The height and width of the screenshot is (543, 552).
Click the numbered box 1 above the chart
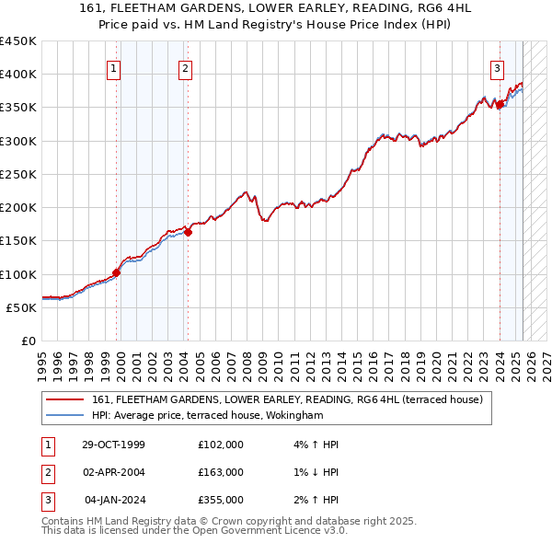(x=113, y=67)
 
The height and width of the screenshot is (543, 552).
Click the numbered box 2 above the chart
(x=185, y=67)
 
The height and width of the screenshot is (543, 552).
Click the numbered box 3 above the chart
(x=497, y=67)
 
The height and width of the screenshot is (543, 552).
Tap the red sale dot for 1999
(x=117, y=272)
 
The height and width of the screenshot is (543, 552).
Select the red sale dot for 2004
(x=188, y=232)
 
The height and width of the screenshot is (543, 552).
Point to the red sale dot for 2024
(x=500, y=105)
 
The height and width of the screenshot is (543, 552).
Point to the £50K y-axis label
(x=22, y=307)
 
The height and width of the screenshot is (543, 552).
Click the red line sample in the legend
(x=64, y=400)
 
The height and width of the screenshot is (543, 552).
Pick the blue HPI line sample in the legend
(x=64, y=415)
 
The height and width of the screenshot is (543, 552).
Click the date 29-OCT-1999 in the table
(x=113, y=445)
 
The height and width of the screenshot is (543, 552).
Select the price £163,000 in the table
(x=221, y=472)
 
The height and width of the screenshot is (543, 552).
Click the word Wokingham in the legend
(x=292, y=415)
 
